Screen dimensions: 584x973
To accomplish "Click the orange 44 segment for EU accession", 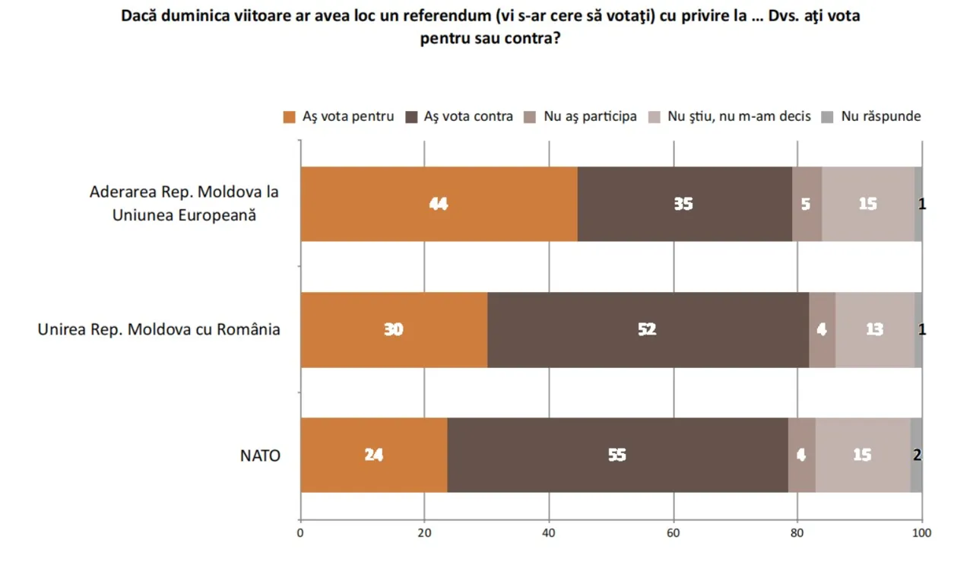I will pyautogui.click(x=439, y=204).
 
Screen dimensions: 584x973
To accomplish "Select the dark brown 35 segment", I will pyautogui.click(x=684, y=204).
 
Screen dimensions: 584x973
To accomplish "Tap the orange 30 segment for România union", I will pyautogui.click(x=394, y=329).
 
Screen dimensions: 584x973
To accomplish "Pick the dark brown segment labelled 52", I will pyautogui.click(x=648, y=329).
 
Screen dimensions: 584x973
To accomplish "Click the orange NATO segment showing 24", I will pyautogui.click(x=373, y=455).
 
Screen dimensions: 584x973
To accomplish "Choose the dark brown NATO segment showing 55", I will pyautogui.click(x=617, y=455).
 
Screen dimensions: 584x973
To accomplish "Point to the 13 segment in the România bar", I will pyautogui.click(x=874, y=329).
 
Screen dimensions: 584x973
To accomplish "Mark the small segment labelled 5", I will pyautogui.click(x=807, y=204).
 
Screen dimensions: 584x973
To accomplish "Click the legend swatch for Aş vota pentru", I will pyautogui.click(x=289, y=117).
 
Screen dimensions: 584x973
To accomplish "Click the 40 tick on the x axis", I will pyautogui.click(x=549, y=533).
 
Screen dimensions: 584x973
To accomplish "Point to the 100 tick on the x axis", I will pyautogui.click(x=921, y=533).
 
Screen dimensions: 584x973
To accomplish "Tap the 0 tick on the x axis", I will pyautogui.click(x=301, y=533).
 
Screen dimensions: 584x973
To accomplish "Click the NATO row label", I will pyautogui.click(x=260, y=456).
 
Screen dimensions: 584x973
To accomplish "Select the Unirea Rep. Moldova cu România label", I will pyautogui.click(x=159, y=330).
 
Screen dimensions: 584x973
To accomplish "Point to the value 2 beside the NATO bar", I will pyautogui.click(x=917, y=455).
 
